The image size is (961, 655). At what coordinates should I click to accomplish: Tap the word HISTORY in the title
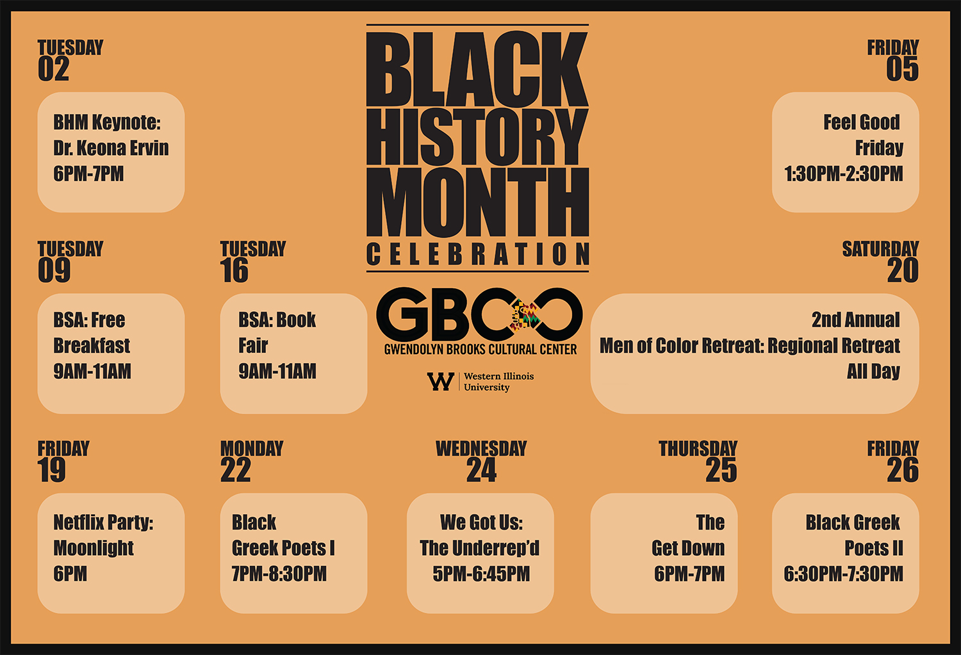click(x=477, y=137)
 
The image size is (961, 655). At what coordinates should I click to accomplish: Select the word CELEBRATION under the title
click(x=477, y=254)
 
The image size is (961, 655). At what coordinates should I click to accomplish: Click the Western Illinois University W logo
click(x=441, y=381)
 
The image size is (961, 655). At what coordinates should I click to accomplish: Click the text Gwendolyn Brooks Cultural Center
click(x=480, y=350)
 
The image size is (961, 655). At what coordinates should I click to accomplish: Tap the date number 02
click(x=54, y=69)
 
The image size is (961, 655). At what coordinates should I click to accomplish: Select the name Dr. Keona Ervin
click(x=111, y=148)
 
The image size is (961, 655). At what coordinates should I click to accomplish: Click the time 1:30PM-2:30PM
click(x=844, y=174)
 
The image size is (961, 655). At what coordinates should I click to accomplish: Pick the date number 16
click(x=234, y=270)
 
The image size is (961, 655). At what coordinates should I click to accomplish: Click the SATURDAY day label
click(x=880, y=249)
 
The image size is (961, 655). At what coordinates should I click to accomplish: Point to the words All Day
click(x=873, y=371)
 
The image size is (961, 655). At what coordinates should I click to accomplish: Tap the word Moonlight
click(x=93, y=548)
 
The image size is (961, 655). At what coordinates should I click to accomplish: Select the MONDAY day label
click(x=252, y=449)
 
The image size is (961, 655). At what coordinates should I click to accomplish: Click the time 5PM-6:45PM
click(x=481, y=574)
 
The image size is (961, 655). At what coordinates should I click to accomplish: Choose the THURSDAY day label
click(x=698, y=449)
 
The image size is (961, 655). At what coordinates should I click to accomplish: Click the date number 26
click(x=903, y=470)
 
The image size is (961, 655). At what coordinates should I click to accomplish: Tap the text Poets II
click(x=873, y=548)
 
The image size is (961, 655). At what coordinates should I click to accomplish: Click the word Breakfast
click(x=92, y=346)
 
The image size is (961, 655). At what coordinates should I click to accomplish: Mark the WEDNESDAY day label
click(x=481, y=449)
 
